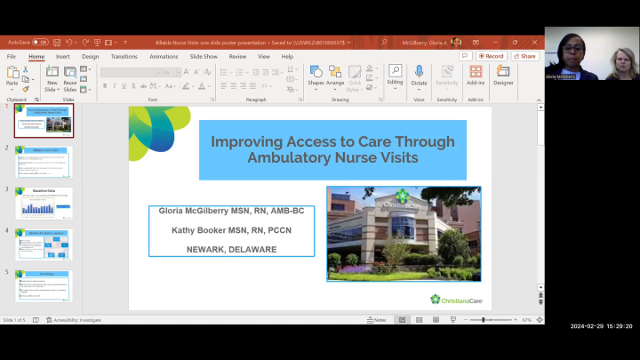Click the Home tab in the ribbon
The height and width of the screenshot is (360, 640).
(36, 56)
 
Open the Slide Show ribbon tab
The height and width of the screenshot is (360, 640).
(204, 56)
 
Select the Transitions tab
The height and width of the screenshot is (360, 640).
(124, 56)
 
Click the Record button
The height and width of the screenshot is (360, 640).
(492, 56)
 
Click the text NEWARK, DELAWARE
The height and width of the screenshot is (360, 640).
(231, 248)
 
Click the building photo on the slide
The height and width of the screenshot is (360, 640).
(403, 233)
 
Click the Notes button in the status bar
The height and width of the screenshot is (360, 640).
(377, 320)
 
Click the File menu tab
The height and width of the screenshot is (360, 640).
(12, 56)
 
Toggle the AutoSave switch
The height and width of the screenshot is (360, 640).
(41, 42)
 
